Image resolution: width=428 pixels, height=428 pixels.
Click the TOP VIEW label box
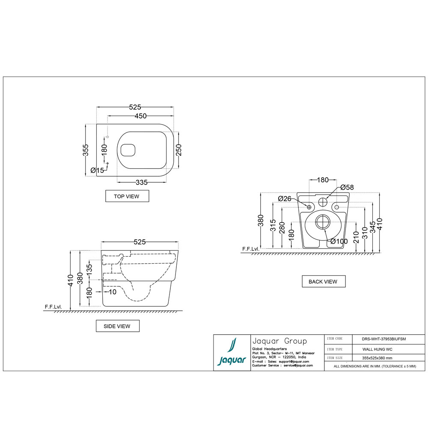point(127,196)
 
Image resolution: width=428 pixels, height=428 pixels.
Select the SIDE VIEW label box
point(118,326)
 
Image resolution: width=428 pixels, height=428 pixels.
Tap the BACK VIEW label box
point(324,282)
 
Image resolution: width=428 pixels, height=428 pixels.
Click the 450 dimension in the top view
point(140,116)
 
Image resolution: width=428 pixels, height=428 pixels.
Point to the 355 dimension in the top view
point(86,150)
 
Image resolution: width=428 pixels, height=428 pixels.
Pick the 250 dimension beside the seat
point(178,150)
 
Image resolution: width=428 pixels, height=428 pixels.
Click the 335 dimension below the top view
point(142,182)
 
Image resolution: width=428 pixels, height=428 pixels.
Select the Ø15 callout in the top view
point(98,170)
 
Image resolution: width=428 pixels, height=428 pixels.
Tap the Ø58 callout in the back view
point(347,187)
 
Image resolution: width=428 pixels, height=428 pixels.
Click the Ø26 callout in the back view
point(285,199)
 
